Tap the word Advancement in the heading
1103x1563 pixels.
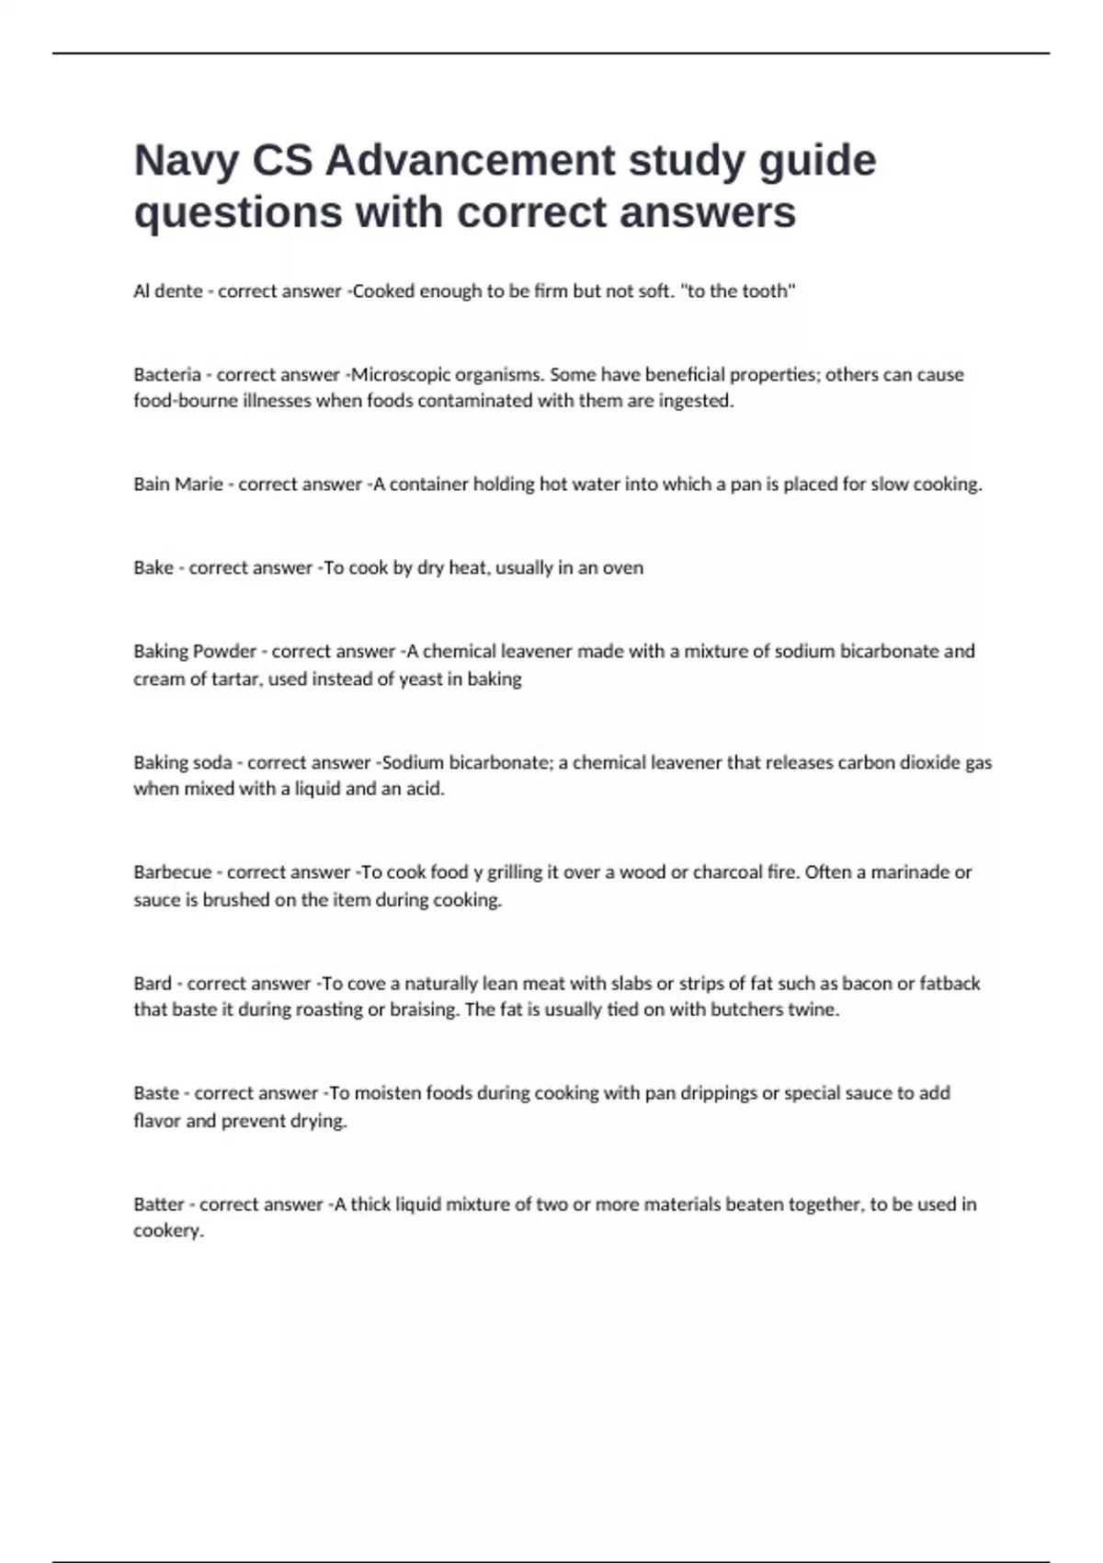click(x=469, y=161)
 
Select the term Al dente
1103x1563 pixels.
click(x=168, y=291)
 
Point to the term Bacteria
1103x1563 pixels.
click(x=167, y=374)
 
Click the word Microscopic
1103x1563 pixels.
click(x=402, y=374)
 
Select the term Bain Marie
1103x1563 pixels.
click(x=178, y=485)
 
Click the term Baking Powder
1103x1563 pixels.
click(x=195, y=651)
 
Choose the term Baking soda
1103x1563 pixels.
click(x=183, y=762)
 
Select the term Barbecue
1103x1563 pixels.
click(x=173, y=872)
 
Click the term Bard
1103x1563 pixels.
click(x=153, y=983)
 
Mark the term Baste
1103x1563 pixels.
click(x=156, y=1093)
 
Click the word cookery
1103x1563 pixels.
click(x=167, y=1231)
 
